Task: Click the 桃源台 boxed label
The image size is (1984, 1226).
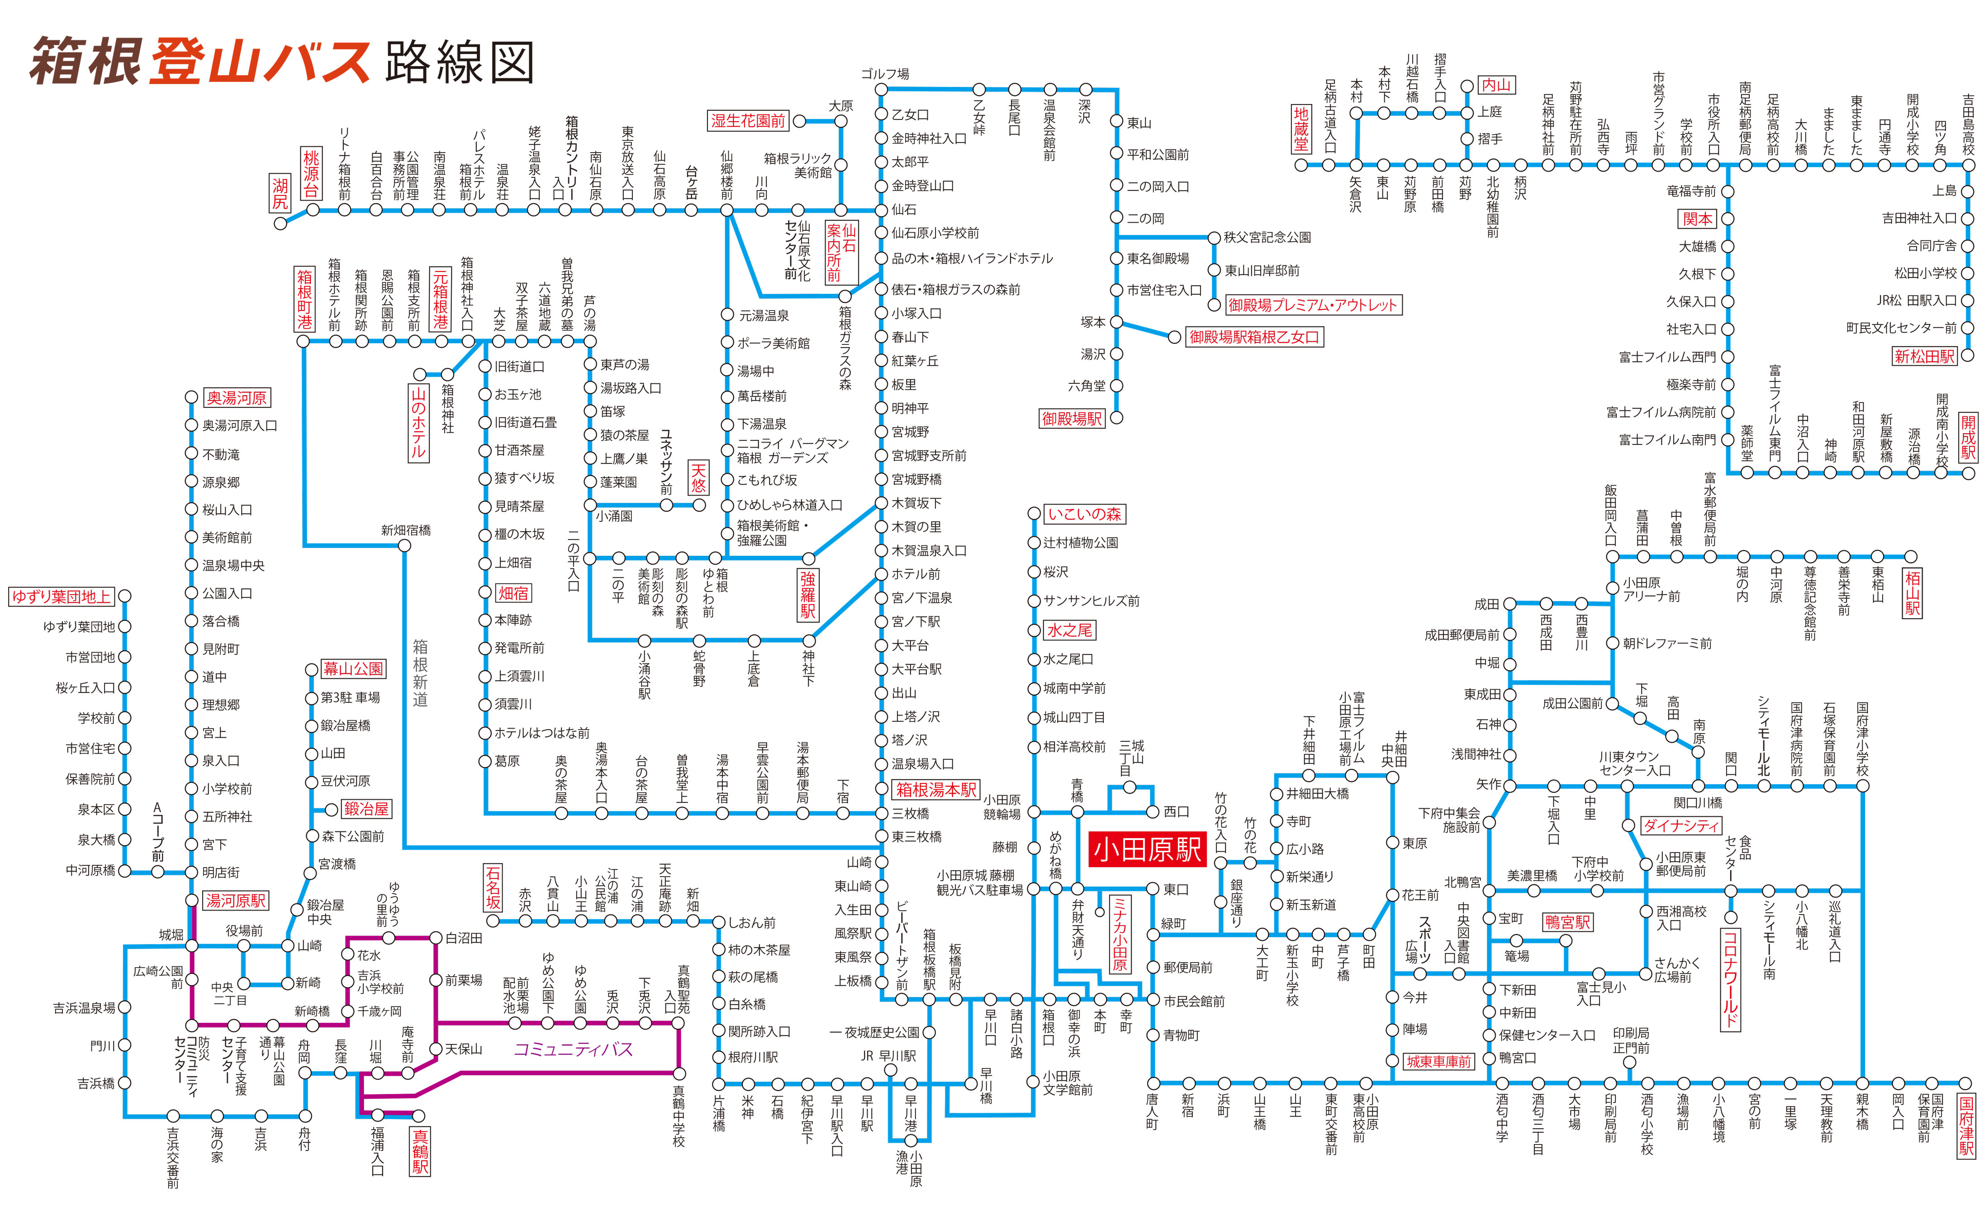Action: point(311,173)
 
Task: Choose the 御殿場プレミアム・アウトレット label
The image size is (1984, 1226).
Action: point(1312,305)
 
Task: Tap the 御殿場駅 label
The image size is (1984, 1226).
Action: point(1072,418)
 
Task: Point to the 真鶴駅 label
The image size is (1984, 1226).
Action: point(420,1151)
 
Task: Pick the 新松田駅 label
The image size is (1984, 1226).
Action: point(1923,356)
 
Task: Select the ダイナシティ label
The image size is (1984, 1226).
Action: point(1680,825)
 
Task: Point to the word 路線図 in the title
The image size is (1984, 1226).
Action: point(460,62)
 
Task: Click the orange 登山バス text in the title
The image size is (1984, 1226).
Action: point(259,62)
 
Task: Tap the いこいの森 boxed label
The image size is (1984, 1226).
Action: point(1084,514)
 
